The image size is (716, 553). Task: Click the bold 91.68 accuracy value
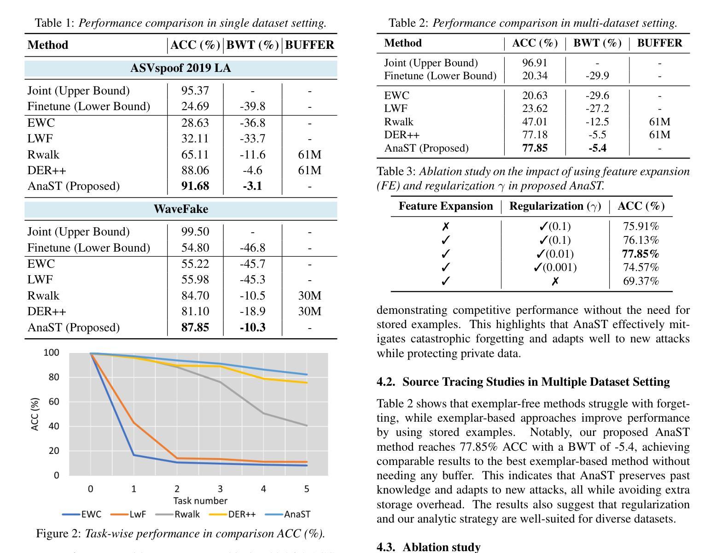click(x=195, y=186)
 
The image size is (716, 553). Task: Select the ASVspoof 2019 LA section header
click(x=180, y=68)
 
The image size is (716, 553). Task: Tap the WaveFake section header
click(x=180, y=209)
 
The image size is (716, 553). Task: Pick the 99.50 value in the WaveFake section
click(x=195, y=231)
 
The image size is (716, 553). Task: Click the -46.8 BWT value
click(x=252, y=247)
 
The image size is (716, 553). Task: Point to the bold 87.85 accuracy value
click(x=195, y=328)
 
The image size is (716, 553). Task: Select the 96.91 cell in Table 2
click(x=535, y=63)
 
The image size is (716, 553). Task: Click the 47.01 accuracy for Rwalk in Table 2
click(x=535, y=122)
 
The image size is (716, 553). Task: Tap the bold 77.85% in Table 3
click(x=640, y=254)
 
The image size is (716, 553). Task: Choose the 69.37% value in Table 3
click(x=640, y=281)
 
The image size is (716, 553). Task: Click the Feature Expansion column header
click(x=446, y=206)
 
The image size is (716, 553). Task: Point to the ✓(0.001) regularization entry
click(x=555, y=267)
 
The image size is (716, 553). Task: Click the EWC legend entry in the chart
click(x=81, y=514)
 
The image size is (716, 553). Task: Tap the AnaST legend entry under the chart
click(x=288, y=514)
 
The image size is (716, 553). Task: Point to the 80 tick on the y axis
click(x=54, y=377)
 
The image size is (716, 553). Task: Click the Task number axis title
click(x=200, y=500)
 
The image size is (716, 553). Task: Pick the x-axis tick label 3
click(x=220, y=488)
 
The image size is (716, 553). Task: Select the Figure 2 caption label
click(x=58, y=534)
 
